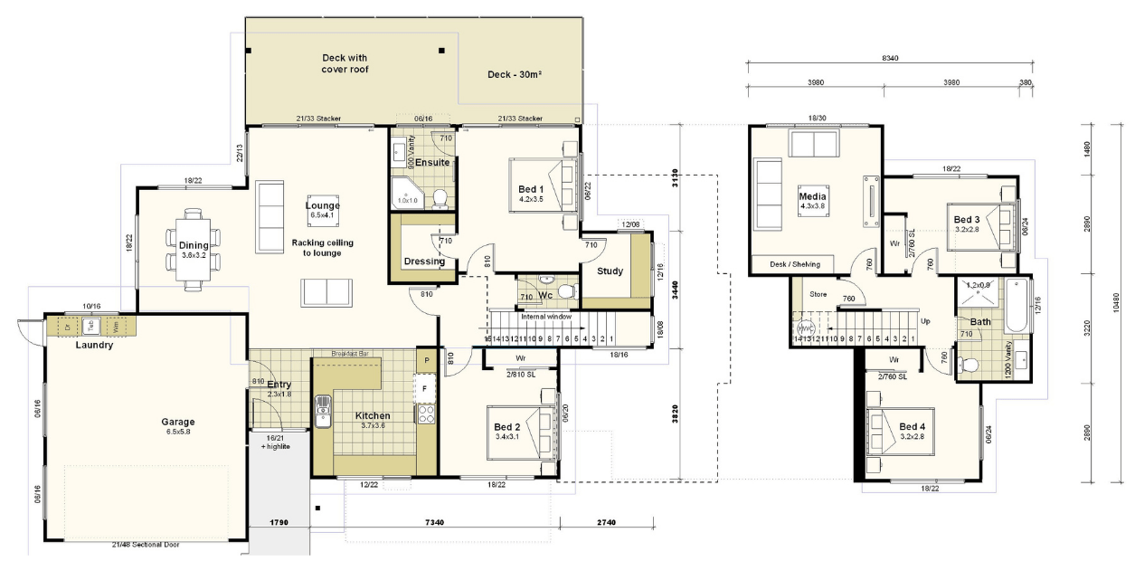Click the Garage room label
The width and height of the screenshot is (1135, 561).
[178, 422]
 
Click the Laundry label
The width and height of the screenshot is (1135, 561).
[93, 345]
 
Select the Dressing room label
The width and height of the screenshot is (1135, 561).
[424, 261]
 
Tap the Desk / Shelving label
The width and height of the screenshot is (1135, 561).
[794, 264]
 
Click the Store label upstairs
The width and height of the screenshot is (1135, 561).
[818, 293]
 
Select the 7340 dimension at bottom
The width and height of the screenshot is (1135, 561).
[434, 523]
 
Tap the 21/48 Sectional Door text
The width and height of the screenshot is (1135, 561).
[144, 545]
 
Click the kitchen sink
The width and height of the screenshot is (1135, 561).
[323, 412]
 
